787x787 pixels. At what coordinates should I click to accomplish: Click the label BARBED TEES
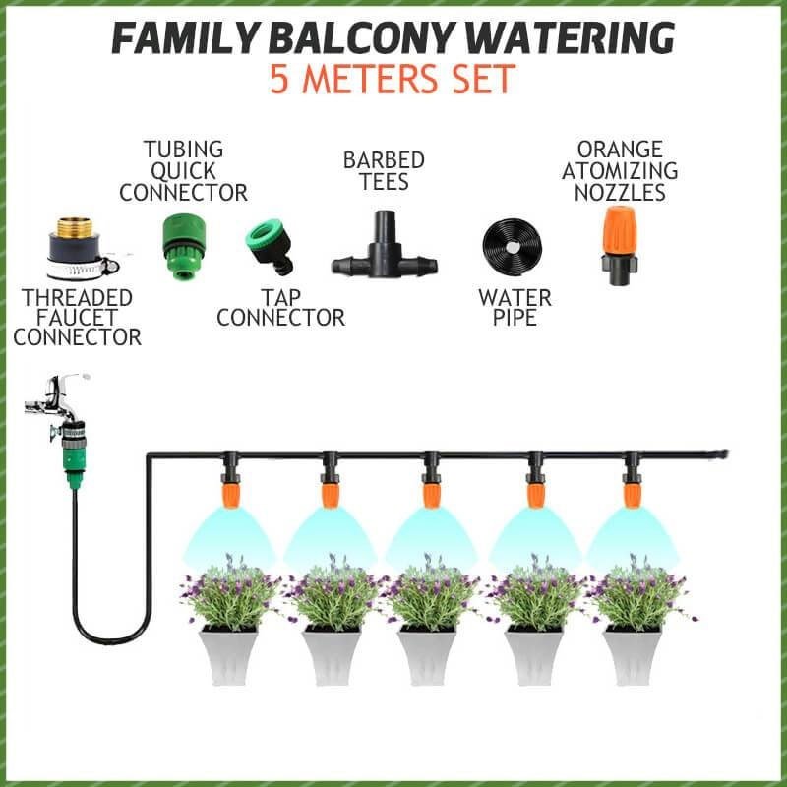tap(384, 171)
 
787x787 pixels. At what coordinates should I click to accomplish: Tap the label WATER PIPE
tap(514, 307)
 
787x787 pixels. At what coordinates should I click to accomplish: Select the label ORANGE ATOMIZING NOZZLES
tap(621, 170)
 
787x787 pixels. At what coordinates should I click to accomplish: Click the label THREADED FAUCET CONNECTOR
tap(77, 317)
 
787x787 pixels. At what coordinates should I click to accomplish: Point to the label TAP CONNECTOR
tap(280, 307)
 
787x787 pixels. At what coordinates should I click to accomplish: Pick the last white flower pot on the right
tap(630, 654)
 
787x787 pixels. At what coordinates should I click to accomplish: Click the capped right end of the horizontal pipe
tap(720, 454)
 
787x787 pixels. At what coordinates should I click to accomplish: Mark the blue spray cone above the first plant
tap(229, 536)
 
